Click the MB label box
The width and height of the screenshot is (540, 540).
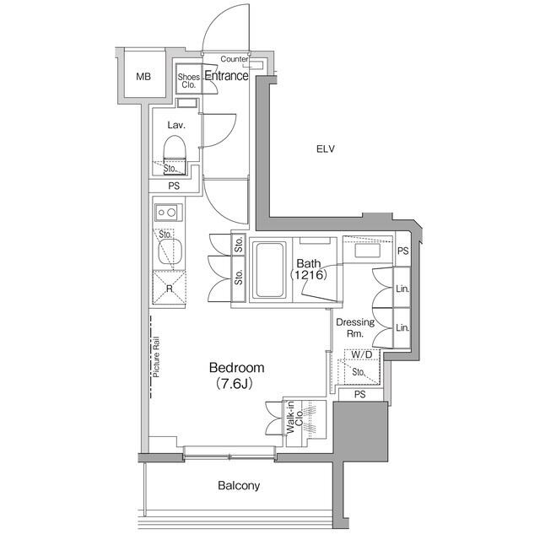pyautogui.click(x=144, y=77)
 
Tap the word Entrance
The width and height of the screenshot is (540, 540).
pyautogui.click(x=226, y=76)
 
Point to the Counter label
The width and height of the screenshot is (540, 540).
pyautogui.click(x=234, y=59)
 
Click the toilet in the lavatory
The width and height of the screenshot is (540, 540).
pyautogui.click(x=174, y=153)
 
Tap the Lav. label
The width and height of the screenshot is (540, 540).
pyautogui.click(x=175, y=125)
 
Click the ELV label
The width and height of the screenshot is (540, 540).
pyautogui.click(x=326, y=149)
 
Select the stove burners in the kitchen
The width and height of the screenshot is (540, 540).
pyautogui.click(x=166, y=212)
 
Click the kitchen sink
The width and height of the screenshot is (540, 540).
pyautogui.click(x=168, y=250)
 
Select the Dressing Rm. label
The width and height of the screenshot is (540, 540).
pyautogui.click(x=354, y=327)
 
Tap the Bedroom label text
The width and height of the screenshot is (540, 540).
pyautogui.click(x=236, y=368)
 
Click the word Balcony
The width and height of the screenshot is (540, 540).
pyautogui.click(x=239, y=485)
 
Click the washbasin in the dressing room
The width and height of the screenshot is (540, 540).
pyautogui.click(x=368, y=251)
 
